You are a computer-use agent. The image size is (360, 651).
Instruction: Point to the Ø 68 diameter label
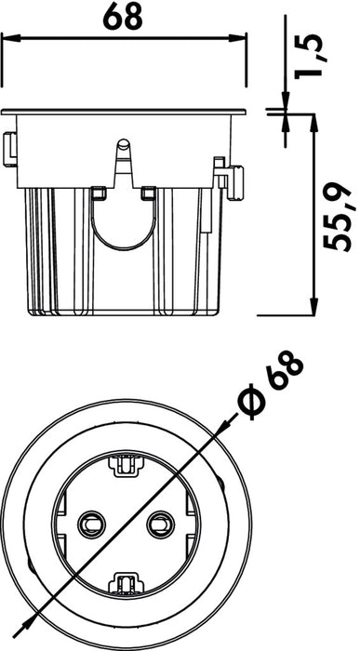[x=271, y=384]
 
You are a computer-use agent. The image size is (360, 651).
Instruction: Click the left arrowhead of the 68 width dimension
[x=11, y=38]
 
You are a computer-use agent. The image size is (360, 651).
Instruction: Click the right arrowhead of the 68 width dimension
[x=237, y=38]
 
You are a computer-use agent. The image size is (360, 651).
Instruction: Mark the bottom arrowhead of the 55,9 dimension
[x=314, y=306]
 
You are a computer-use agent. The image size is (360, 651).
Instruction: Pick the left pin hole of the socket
[x=91, y=525]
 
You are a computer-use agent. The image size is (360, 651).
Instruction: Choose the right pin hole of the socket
[x=161, y=525]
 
